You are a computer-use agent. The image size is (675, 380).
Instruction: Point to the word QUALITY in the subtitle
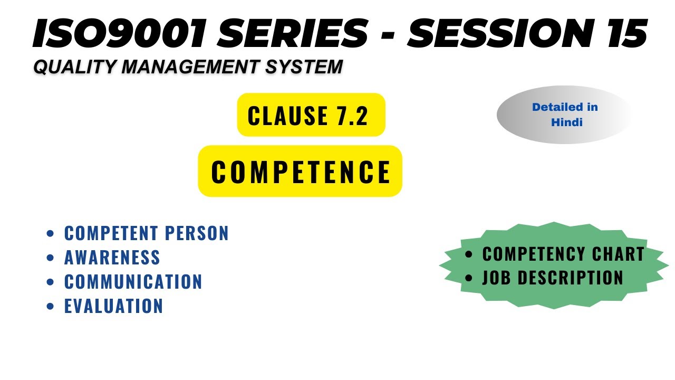[x=74, y=67]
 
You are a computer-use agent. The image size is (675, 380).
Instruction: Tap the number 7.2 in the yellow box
[x=352, y=116]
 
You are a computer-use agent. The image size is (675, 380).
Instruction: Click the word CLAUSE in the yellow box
[x=288, y=116]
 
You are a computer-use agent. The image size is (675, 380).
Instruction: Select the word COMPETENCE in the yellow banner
[x=301, y=172]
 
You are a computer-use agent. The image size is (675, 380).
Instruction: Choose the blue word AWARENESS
[x=112, y=258]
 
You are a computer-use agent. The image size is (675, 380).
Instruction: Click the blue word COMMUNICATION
[x=133, y=282]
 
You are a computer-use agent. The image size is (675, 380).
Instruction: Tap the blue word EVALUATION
[x=113, y=306]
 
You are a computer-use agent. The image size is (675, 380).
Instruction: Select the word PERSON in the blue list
[x=197, y=233]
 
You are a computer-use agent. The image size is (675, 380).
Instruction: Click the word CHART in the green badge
[x=619, y=254]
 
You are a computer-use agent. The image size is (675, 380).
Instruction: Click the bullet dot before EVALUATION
[x=51, y=306]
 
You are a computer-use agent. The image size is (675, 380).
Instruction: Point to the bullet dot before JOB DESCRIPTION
[x=469, y=278]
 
